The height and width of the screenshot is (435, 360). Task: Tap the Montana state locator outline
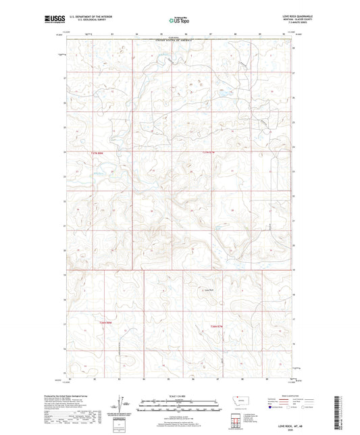click(x=238, y=401)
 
